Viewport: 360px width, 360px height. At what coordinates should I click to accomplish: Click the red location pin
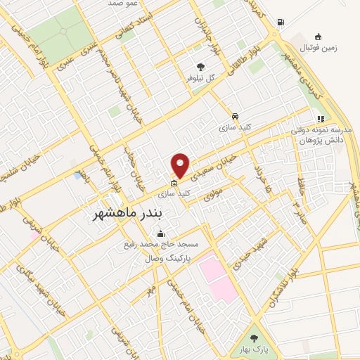tap(181, 165)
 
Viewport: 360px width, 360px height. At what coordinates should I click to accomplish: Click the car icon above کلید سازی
tap(235, 117)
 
